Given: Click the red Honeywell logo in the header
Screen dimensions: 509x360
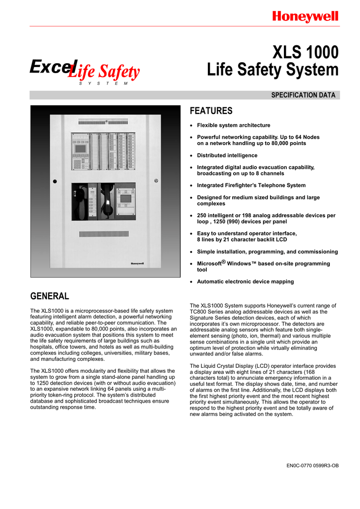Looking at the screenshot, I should [x=305, y=17].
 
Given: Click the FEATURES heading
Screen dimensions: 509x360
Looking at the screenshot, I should [x=212, y=111].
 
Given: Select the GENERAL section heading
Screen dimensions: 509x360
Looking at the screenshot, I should [x=50, y=296].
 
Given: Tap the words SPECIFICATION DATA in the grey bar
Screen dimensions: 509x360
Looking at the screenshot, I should [x=303, y=95].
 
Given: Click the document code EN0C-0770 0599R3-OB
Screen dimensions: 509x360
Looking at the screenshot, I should [x=313, y=466].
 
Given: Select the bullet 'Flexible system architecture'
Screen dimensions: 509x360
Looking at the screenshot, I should [x=234, y=125].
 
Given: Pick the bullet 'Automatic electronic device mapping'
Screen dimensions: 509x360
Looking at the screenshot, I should [x=245, y=281].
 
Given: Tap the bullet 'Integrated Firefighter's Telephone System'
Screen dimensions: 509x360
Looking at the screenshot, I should [x=251, y=185].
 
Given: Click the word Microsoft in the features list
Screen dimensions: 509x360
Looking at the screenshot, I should [x=209, y=263].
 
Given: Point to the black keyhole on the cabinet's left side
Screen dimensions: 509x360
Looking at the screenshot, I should [x=56, y=181].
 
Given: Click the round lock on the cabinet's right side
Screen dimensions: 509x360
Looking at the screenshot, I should [x=156, y=181].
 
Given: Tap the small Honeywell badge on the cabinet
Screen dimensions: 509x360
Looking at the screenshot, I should [x=138, y=263].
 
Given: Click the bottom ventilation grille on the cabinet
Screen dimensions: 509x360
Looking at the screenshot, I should [x=103, y=234].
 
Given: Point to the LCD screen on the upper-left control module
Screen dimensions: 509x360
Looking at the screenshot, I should [x=80, y=148].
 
